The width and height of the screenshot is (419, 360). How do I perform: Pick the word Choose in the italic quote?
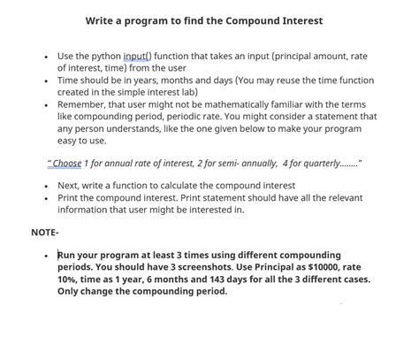pyautogui.click(x=66, y=164)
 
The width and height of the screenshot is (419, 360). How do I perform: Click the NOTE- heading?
pyautogui.click(x=45, y=232)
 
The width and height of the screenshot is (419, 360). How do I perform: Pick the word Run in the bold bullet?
pyautogui.click(x=68, y=255)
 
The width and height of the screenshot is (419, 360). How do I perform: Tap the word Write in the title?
pyautogui.click(x=103, y=20)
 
